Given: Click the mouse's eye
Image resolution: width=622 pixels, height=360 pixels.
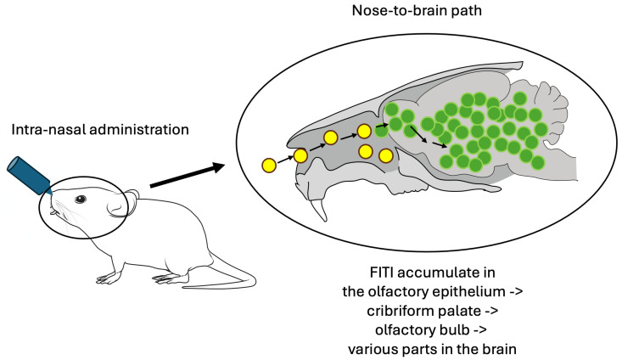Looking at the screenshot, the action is point(81,200).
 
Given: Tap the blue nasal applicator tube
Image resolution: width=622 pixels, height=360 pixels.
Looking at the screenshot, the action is point(28,175).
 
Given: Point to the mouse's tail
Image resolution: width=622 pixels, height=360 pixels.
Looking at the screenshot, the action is point(226,274).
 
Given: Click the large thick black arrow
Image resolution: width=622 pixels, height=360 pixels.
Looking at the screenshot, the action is point(188,175).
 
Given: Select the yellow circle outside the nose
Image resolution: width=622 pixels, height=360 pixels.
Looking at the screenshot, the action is point(269,165).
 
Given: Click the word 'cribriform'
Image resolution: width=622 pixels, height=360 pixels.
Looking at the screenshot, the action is point(401,311).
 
